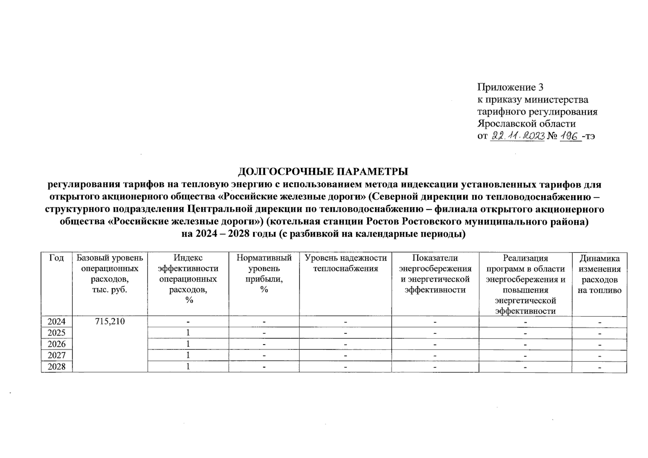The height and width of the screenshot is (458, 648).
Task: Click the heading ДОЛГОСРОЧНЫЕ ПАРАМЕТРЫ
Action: [x=323, y=171]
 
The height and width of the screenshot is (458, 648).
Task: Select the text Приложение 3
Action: [x=510, y=87]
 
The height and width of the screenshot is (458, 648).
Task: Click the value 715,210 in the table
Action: [x=110, y=321]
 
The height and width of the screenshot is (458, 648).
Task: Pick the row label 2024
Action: [x=57, y=321]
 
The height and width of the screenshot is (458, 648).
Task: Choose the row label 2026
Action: [x=57, y=344]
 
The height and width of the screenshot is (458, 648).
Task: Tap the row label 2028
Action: [x=57, y=367]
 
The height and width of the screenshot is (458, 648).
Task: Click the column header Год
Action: [x=57, y=258]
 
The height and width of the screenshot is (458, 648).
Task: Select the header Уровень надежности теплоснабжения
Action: [x=345, y=263]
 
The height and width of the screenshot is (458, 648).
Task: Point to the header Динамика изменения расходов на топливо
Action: [x=599, y=274]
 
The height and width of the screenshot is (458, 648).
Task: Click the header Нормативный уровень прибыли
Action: [x=264, y=274]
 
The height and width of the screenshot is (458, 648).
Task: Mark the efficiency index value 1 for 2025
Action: [x=188, y=333]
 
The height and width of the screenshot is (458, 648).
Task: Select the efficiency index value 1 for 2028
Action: [x=188, y=367]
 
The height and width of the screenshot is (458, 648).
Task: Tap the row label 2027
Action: [x=57, y=355]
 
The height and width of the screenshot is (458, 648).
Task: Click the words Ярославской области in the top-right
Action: [x=527, y=124]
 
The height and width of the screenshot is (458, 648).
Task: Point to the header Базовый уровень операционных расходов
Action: [x=110, y=274]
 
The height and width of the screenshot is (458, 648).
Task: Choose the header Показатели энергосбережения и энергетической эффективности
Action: [x=435, y=274]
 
